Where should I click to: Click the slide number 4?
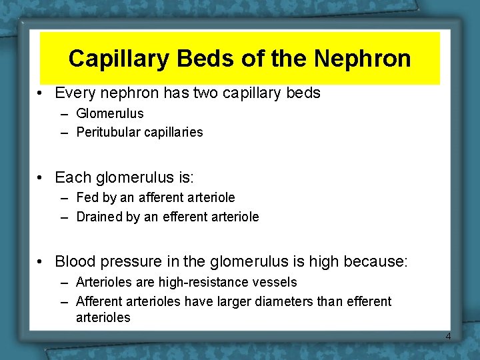[448, 337]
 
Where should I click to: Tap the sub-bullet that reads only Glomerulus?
[109, 114]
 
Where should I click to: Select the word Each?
[73, 177]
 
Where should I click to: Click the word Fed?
[88, 198]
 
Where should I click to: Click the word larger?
[219, 302]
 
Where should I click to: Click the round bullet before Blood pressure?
[41, 262]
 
